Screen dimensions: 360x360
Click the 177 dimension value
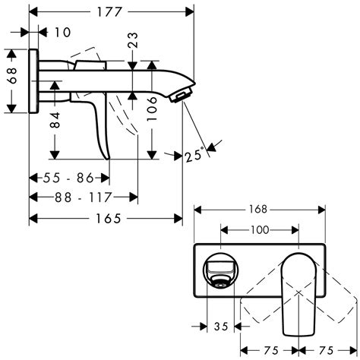112,11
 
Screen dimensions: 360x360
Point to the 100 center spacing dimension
259,229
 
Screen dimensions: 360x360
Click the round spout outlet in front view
220,281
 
